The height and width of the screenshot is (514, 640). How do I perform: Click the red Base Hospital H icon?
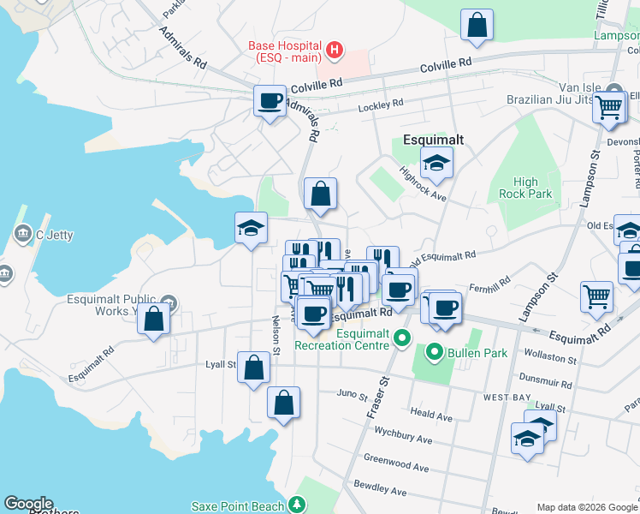[334, 51]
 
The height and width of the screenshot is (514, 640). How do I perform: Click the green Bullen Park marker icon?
[434, 352]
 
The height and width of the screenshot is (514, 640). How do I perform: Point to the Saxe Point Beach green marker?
[296, 506]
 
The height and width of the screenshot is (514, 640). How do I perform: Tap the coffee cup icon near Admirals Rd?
[270, 101]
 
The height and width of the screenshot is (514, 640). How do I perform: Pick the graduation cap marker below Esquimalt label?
[436, 163]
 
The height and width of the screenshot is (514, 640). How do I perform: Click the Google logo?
[28, 504]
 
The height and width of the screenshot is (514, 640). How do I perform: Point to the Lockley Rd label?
[381, 105]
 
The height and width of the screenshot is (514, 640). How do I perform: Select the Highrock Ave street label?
[424, 182]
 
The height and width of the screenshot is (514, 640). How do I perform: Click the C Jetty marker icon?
[21, 233]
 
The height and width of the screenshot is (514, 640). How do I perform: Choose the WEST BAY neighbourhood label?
[508, 397]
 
